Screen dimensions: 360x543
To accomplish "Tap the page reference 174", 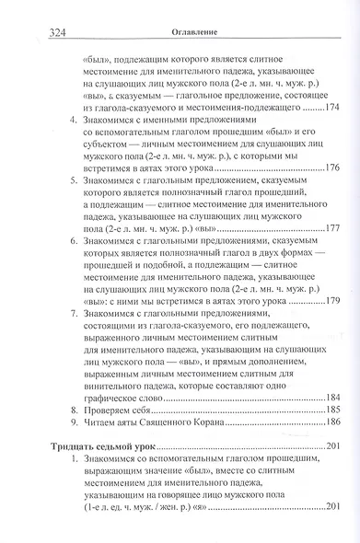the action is (330, 109).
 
